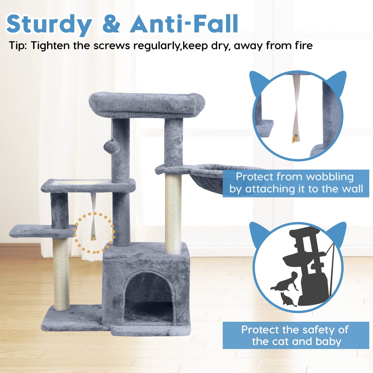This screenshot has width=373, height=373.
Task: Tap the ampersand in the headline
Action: click(111, 24)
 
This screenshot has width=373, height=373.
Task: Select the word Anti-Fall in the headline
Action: click(184, 24)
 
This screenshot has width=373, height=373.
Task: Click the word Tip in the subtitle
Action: click(18, 46)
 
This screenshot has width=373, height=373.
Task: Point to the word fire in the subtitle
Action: click(301, 45)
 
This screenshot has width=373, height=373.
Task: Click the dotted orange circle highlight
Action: click(94, 233)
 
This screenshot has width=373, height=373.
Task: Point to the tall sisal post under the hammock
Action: click(173, 214)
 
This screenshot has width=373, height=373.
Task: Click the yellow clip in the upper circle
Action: click(294, 140)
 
